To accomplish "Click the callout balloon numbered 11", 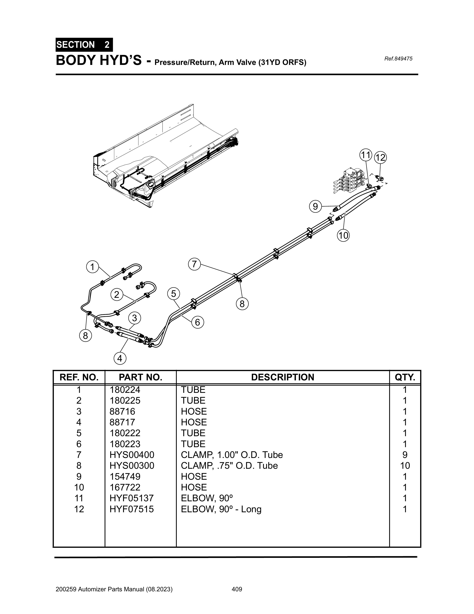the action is [366, 155].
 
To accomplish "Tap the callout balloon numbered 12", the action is [380, 157].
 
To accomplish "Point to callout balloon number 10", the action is [343, 235].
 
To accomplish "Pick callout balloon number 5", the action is [173, 294].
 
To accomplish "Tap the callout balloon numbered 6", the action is [198, 322].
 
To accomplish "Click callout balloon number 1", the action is [92, 267].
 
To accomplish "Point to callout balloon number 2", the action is [117, 295].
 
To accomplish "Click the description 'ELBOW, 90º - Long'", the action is [221, 509].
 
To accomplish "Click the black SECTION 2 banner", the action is [84, 45].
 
